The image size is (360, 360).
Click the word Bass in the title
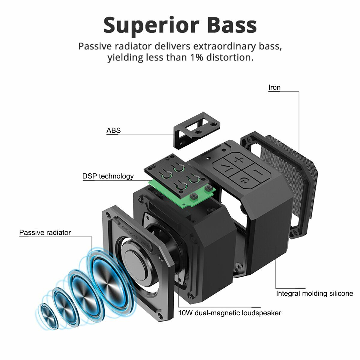pyautogui.click(x=232, y=25)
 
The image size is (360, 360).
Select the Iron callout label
pyautogui.click(x=274, y=87)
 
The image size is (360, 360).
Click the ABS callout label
pyautogui.click(x=114, y=130)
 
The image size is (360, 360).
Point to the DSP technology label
pyautogui.click(x=108, y=176)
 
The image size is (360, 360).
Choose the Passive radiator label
pyautogui.click(x=45, y=232)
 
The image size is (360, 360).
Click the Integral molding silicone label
pyautogui.click(x=315, y=293)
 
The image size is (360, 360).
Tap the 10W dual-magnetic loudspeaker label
pyautogui.click(x=229, y=313)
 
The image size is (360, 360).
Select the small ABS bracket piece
pyautogui.click(x=196, y=130)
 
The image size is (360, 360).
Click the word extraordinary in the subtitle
pyautogui.click(x=224, y=46)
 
